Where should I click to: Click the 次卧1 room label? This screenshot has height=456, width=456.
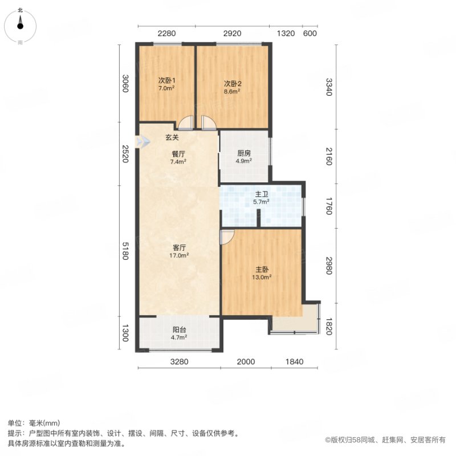pyautogui.click(x=166, y=80)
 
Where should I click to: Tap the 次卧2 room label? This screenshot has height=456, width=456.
pyautogui.click(x=233, y=84)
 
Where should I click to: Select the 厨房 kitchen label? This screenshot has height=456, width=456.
pyautogui.click(x=244, y=153)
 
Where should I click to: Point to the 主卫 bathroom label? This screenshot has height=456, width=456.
pyautogui.click(x=261, y=194)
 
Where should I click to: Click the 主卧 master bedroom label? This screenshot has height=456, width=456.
pyautogui.click(x=262, y=270)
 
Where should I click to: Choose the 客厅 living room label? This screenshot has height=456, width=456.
pyautogui.click(x=179, y=248)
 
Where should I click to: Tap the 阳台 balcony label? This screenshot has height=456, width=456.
pyautogui.click(x=179, y=330)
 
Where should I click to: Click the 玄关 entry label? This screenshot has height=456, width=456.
pyautogui.click(x=172, y=137)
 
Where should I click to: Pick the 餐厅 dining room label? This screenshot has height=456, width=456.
pyautogui.click(x=178, y=154)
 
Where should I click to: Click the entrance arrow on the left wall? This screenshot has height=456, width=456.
pyautogui.click(x=143, y=141)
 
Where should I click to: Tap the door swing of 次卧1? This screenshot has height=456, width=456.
pyautogui.click(x=185, y=123)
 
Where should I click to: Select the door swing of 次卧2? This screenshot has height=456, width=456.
pyautogui.click(x=208, y=123)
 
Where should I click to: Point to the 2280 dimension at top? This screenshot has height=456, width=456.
pyautogui.click(x=166, y=34)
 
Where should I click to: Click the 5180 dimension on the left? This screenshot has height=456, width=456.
pyautogui.click(x=125, y=251)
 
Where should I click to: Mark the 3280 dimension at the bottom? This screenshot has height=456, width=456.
pyautogui.click(x=179, y=361)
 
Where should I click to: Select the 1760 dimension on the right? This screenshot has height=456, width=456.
pyautogui.click(x=329, y=206)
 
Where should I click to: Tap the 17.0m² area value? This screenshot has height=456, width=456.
pyautogui.click(x=179, y=255)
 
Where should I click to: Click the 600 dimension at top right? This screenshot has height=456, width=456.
pyautogui.click(x=310, y=34)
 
